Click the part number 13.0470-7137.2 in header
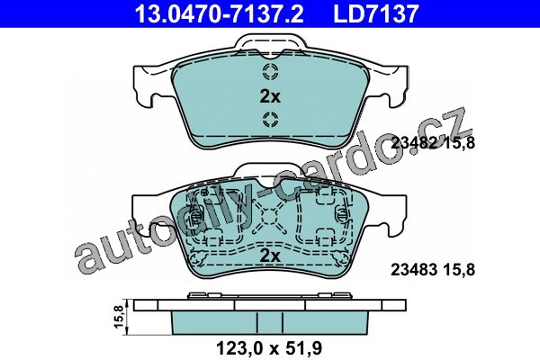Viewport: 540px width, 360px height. (x=220, y=13)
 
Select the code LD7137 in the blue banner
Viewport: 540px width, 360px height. (x=375, y=13)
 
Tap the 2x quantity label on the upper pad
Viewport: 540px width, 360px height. (x=270, y=97)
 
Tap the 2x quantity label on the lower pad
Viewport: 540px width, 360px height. (x=270, y=256)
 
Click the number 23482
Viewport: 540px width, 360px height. (x=414, y=142)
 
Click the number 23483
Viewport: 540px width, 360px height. (x=414, y=270)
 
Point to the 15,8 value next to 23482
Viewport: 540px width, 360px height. (x=458, y=142)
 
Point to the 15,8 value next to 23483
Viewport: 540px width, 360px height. (x=458, y=270)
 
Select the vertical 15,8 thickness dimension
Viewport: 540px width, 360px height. (x=118, y=317)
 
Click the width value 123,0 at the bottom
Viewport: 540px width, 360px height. (x=239, y=348)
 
